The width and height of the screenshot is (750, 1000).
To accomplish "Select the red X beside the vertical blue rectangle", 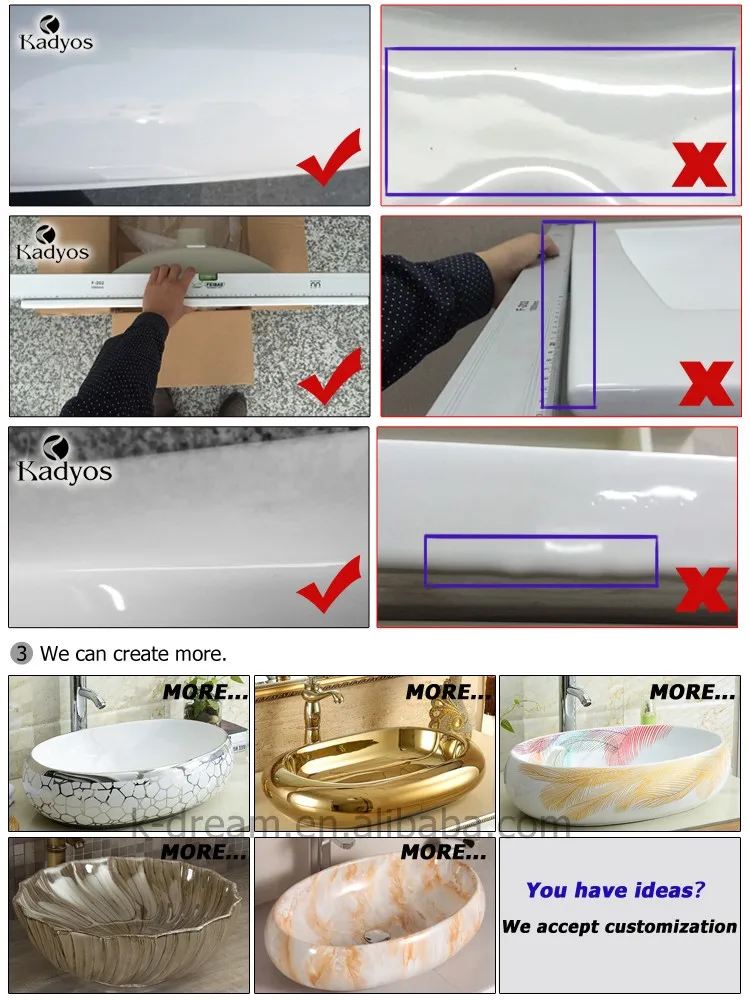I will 706,382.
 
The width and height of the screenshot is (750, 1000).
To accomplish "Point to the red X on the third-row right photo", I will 702,589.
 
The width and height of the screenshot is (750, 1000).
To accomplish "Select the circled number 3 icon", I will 22,654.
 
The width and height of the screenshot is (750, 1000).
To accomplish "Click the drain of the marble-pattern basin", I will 375,937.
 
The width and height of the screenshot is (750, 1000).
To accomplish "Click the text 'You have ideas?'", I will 615,889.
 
